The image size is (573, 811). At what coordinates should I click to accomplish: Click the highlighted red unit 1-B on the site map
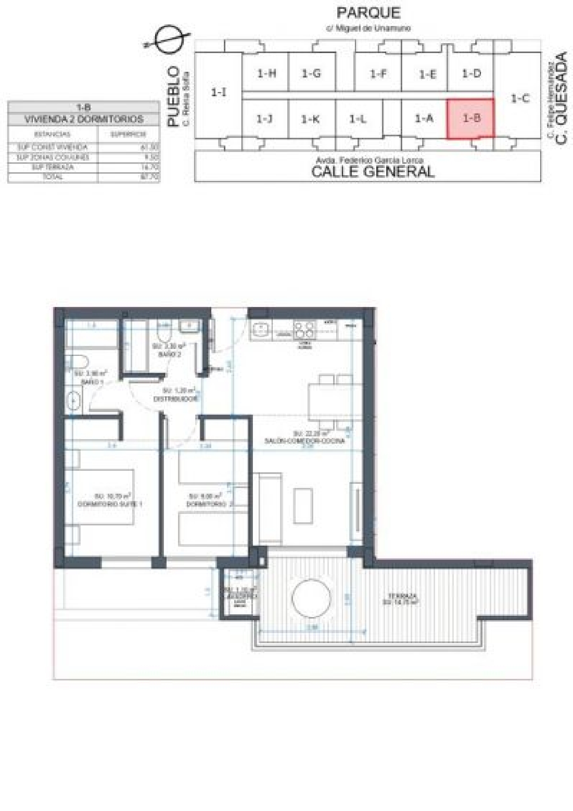click(x=471, y=118)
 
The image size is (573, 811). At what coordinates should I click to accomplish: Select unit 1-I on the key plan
click(x=219, y=92)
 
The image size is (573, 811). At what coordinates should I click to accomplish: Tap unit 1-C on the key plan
click(x=520, y=99)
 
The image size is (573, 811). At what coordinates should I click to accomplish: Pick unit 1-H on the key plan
click(x=266, y=73)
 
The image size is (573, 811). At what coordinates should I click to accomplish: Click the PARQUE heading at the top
click(x=368, y=13)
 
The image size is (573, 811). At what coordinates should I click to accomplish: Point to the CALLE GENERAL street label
click(x=372, y=171)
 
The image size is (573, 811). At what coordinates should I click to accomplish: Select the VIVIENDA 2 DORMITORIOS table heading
click(x=84, y=119)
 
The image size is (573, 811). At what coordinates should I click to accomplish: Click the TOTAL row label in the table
click(x=53, y=177)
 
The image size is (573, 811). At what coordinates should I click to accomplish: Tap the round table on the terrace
click(x=311, y=598)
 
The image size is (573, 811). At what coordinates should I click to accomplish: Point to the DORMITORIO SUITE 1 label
click(x=110, y=504)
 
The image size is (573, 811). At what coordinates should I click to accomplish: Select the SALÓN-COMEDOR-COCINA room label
click(x=304, y=441)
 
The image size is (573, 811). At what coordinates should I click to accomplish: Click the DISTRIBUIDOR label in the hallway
click(x=176, y=399)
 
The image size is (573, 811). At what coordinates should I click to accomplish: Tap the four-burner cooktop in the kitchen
click(x=304, y=329)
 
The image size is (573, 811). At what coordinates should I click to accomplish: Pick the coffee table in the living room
click(x=303, y=506)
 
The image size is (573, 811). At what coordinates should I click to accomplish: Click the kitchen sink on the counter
click(x=261, y=330)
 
